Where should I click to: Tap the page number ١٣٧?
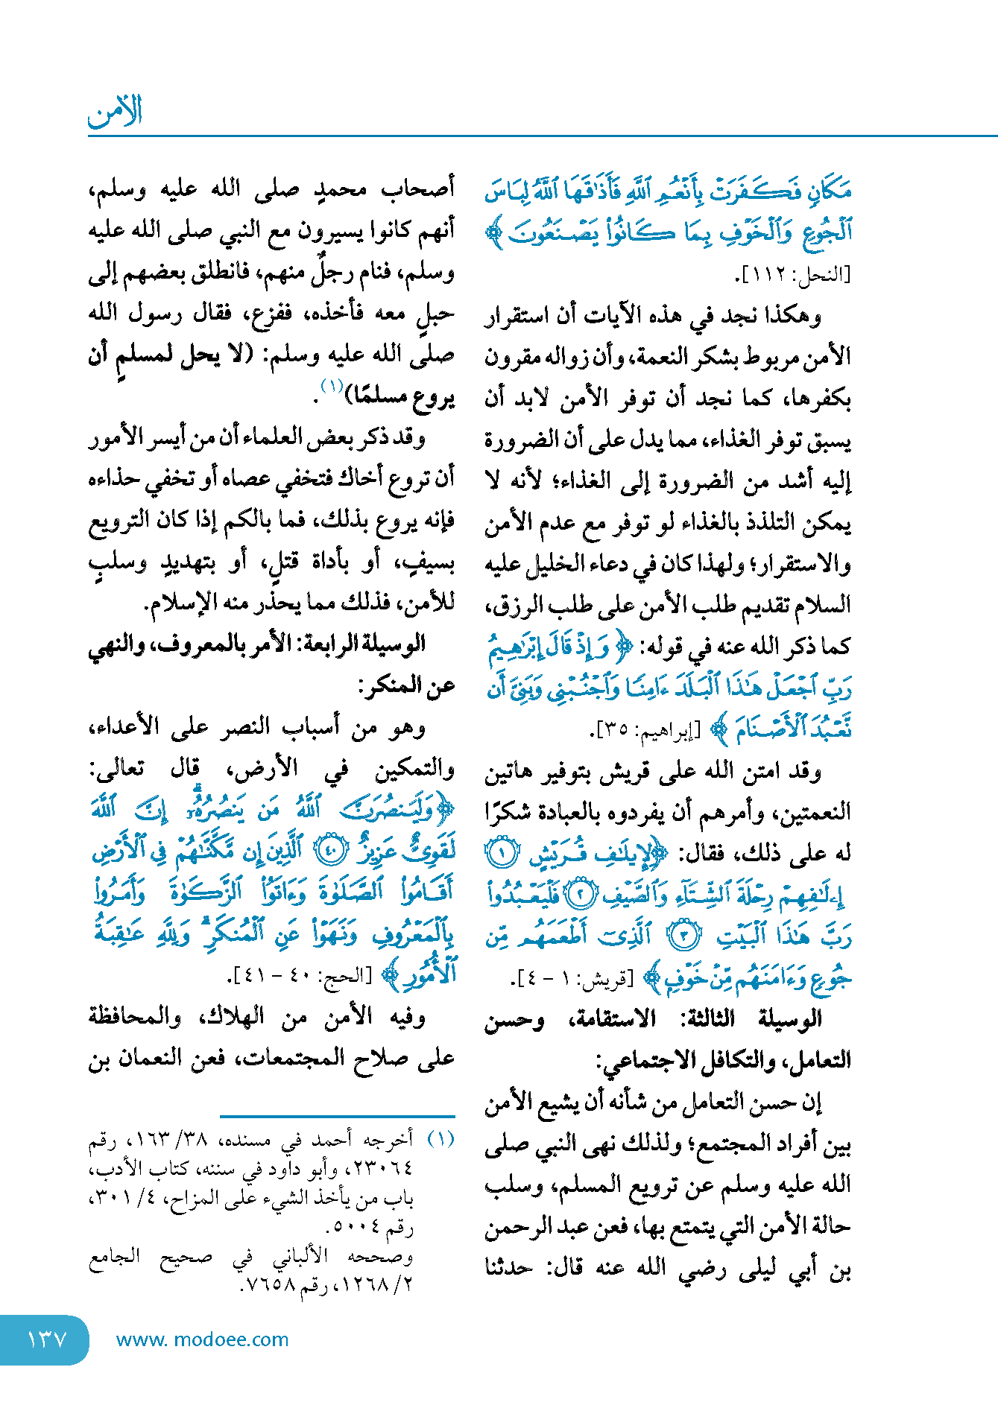click(x=46, y=1339)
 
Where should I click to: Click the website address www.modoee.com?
click(x=202, y=1339)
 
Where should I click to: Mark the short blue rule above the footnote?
click(x=337, y=1116)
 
